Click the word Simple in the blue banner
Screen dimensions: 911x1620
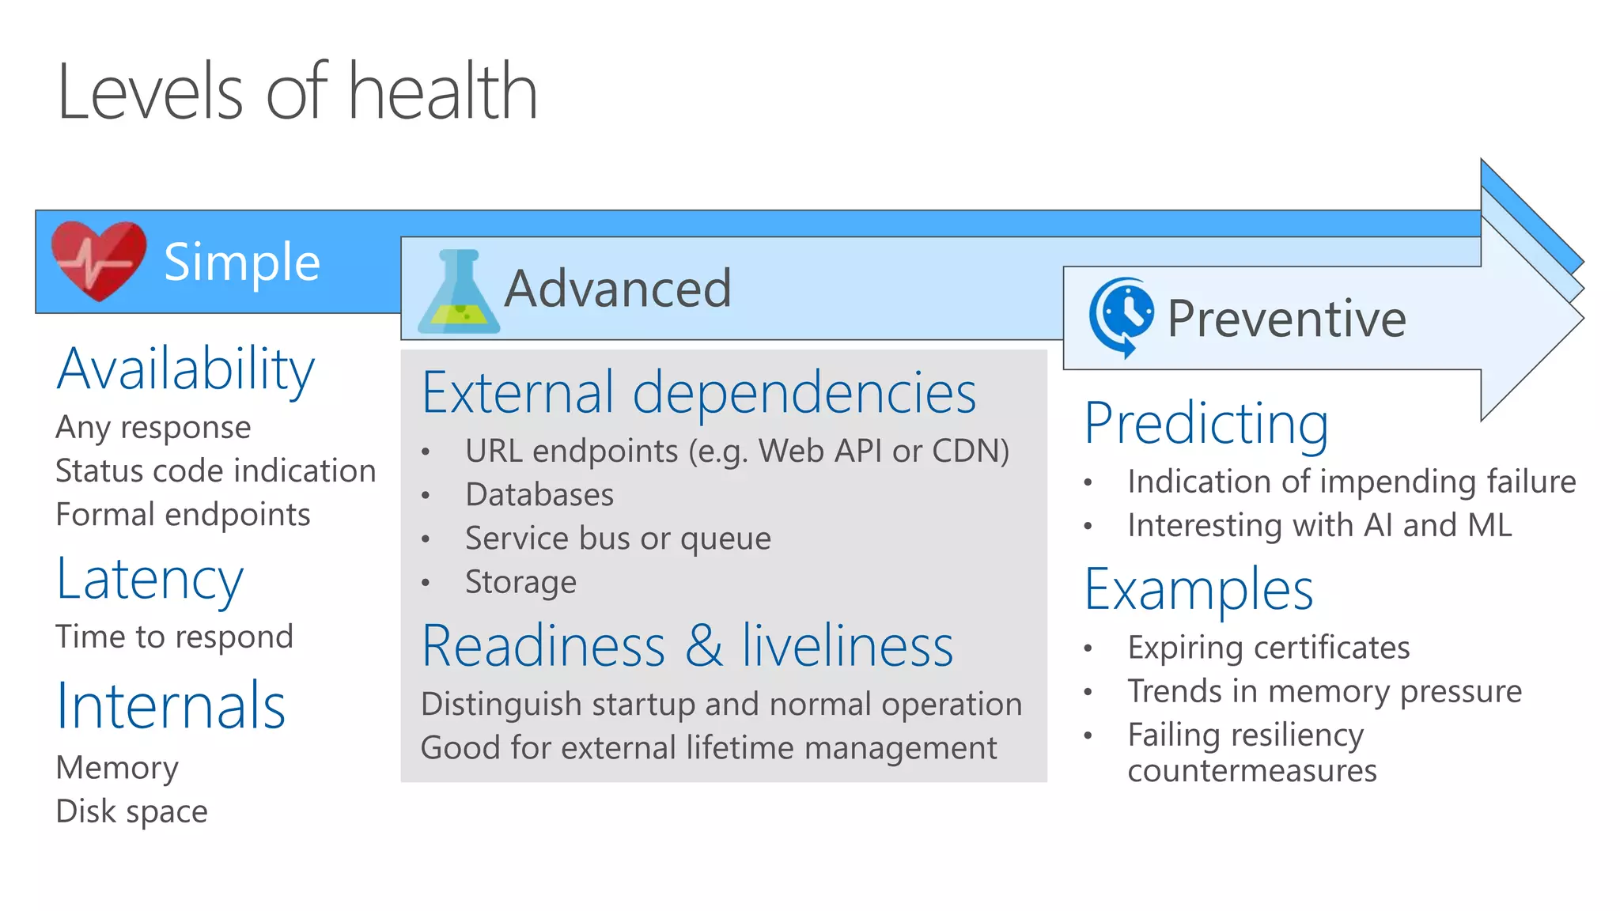(241, 263)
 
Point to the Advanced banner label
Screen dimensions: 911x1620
(618, 289)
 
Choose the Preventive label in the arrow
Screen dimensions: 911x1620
(1286, 319)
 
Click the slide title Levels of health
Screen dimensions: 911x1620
(297, 93)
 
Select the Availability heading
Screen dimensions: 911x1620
(185, 369)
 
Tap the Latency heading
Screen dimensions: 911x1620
(150, 580)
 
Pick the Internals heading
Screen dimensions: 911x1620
(171, 705)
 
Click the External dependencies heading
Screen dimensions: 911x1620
(699, 392)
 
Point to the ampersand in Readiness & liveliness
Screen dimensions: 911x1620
(703, 646)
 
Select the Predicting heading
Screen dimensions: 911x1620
(1206, 424)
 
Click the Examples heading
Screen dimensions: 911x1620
(1198, 590)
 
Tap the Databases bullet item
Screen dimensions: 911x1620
(539, 495)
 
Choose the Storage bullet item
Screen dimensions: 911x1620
(520, 582)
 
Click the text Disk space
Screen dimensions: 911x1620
(132, 811)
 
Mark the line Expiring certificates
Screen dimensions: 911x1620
(1269, 648)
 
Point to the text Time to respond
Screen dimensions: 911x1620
(175, 637)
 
